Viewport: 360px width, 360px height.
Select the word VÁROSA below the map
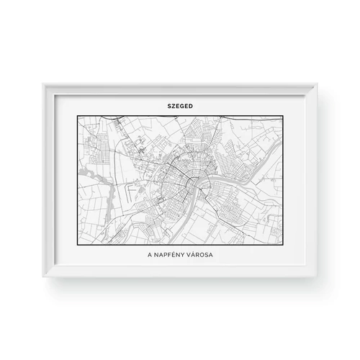[203, 256]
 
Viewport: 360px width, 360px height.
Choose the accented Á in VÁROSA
[197, 256]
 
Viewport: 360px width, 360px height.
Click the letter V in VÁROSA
[192, 256]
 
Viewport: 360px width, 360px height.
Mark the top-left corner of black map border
[75, 114]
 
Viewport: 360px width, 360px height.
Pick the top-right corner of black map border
[285, 114]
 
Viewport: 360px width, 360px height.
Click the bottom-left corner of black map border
[75, 246]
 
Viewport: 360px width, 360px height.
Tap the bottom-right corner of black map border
[285, 246]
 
